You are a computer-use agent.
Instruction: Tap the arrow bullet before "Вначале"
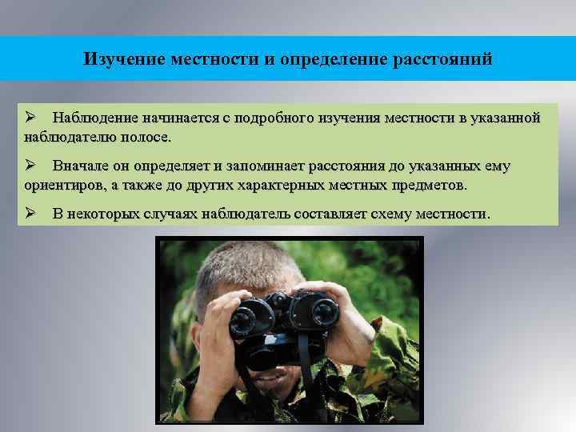(x=30, y=166)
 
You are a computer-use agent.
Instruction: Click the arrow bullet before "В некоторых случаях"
(x=30, y=214)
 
